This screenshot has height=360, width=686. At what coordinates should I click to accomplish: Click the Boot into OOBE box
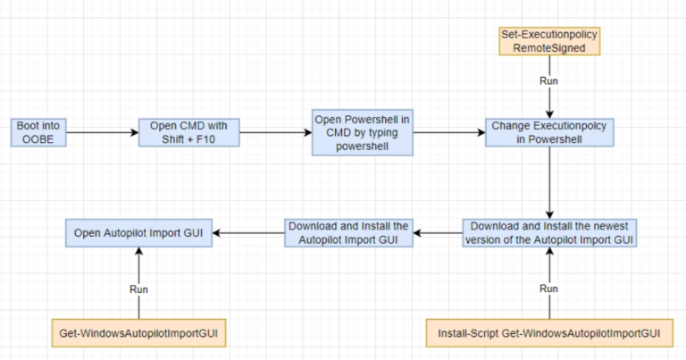(38, 133)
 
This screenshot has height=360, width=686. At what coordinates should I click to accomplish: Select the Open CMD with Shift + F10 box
(188, 133)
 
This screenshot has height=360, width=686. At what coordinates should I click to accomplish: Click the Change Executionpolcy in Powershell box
(548, 133)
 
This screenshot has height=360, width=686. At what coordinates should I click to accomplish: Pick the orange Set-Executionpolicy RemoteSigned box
(548, 40)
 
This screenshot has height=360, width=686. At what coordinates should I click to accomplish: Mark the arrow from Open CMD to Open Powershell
(275, 133)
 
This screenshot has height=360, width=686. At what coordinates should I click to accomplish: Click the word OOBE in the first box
(38, 139)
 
